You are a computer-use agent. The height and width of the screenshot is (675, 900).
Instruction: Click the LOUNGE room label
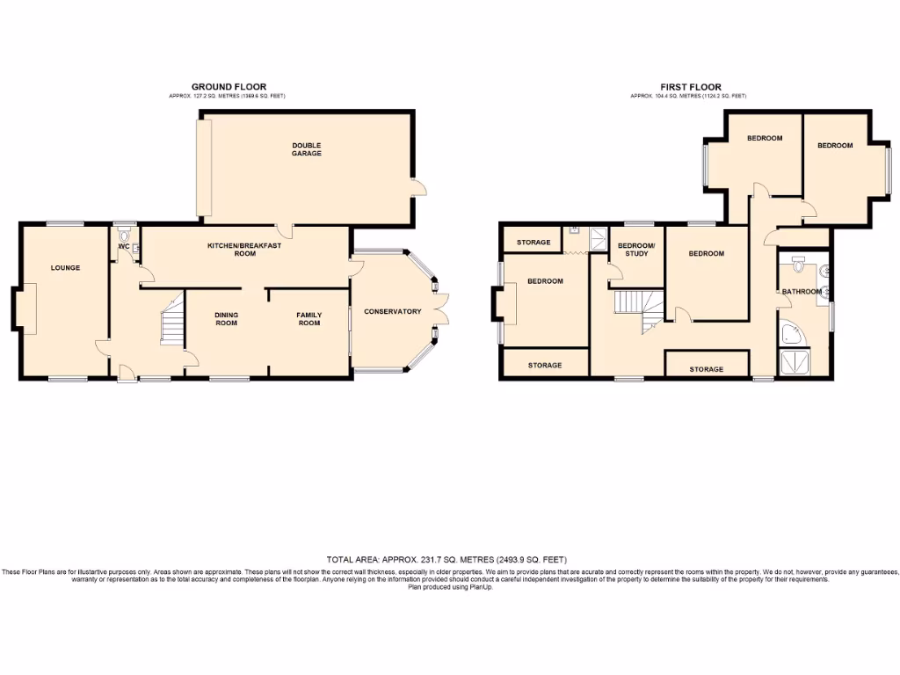[x=65, y=267]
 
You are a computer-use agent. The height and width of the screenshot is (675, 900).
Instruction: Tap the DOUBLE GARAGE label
[x=307, y=149]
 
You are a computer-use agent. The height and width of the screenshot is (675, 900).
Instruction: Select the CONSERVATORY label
[x=393, y=312]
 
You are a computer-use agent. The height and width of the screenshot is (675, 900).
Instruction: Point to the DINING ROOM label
[x=227, y=319]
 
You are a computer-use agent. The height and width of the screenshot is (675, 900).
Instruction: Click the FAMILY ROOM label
[x=308, y=319]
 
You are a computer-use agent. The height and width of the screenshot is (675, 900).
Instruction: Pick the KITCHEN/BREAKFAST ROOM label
[x=244, y=250]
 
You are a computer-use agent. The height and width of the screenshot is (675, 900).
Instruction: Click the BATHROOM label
[x=802, y=292]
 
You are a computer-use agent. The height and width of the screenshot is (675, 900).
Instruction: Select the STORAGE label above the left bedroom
[x=533, y=243]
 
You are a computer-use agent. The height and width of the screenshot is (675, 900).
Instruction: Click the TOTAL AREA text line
[x=447, y=560]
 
